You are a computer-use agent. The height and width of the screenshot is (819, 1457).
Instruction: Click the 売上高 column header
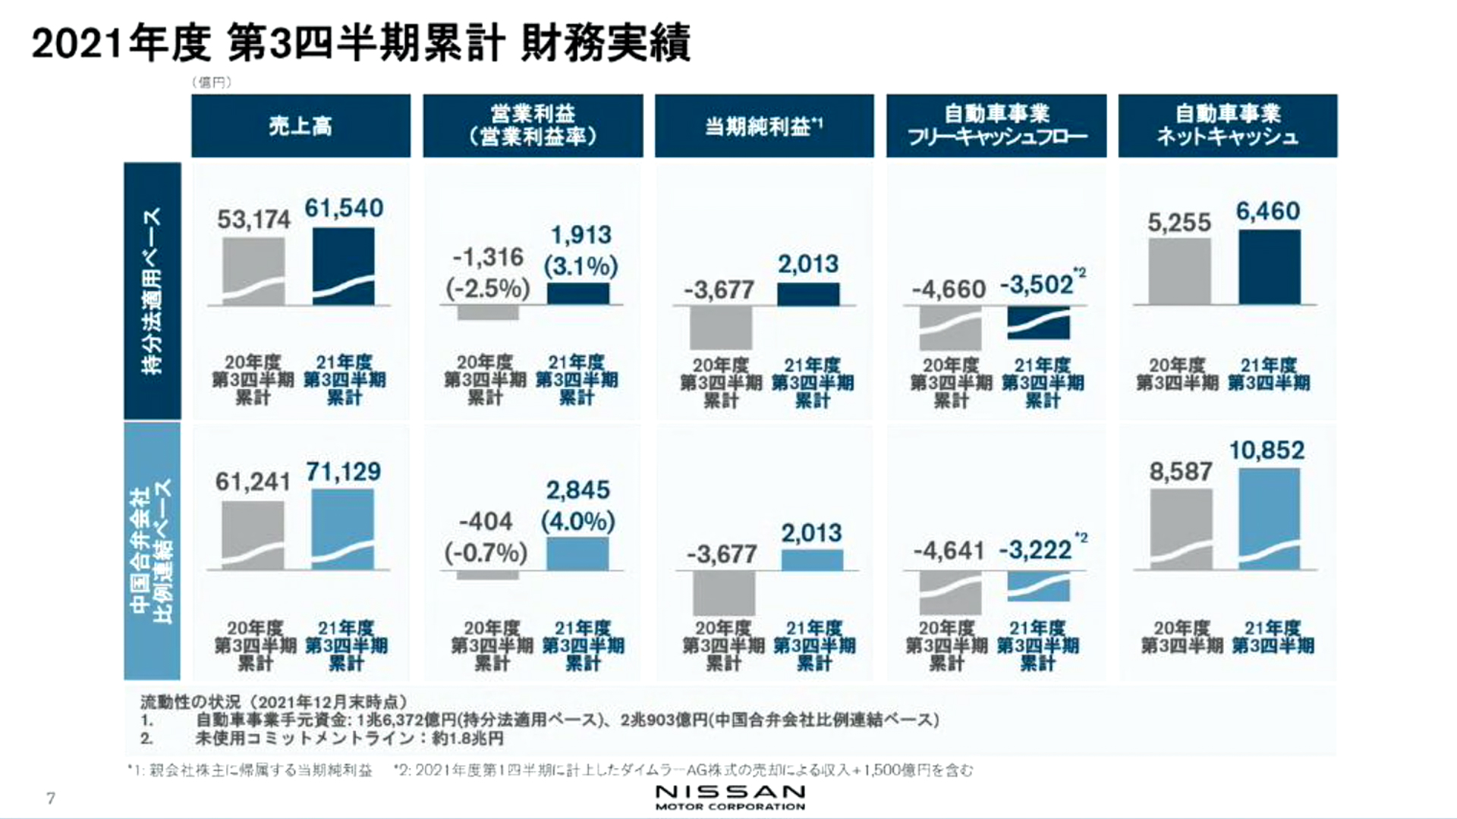301,126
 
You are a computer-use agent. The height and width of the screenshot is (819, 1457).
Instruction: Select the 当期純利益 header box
764,126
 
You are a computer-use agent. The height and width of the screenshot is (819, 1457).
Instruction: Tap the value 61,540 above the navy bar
344,209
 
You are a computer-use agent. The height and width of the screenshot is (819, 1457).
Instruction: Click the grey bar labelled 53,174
253,271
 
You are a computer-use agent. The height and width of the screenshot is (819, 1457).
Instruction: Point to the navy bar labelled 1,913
577,293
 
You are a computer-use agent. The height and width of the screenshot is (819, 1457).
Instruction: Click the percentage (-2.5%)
488,289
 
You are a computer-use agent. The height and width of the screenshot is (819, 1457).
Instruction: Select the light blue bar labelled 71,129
343,529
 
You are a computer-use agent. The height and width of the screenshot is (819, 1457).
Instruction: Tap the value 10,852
1267,450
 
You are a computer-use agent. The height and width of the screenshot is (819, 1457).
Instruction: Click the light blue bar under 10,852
1269,519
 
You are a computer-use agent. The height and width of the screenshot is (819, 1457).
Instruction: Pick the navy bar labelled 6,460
1269,267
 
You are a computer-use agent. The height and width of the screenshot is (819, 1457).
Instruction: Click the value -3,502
1037,285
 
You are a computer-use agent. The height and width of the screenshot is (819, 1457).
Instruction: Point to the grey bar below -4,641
949,592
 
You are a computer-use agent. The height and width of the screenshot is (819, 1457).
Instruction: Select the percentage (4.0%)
577,522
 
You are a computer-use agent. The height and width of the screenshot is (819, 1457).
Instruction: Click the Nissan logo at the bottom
730,797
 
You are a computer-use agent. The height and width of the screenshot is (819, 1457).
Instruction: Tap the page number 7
51,798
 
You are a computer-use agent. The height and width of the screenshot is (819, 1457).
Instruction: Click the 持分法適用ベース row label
153,290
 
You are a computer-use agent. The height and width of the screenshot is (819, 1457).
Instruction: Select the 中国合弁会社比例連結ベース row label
153,551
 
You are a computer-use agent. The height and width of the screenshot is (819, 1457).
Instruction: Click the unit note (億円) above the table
212,83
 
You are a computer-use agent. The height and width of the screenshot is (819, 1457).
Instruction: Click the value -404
486,522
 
